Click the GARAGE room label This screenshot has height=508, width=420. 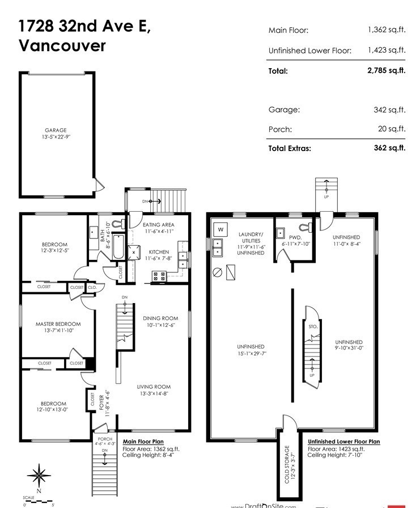(x=56, y=130)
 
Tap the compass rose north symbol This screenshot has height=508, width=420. (x=39, y=476)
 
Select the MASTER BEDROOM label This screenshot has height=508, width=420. (x=58, y=324)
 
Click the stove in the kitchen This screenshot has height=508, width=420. (x=159, y=276)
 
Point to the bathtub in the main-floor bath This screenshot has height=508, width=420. (x=118, y=247)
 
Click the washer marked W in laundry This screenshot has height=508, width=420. (x=220, y=230)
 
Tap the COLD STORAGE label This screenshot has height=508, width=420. (x=287, y=464)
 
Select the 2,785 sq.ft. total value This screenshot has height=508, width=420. (x=387, y=70)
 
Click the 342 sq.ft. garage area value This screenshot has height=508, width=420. (x=389, y=110)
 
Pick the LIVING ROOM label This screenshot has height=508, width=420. (x=154, y=387)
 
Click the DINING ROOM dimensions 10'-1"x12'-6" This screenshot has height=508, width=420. (x=161, y=325)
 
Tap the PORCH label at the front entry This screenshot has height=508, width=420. (x=105, y=439)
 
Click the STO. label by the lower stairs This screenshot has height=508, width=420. (x=313, y=326)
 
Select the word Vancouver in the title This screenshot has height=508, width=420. (x=62, y=45)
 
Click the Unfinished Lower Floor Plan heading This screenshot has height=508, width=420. (x=344, y=442)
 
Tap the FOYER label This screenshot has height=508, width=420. (x=101, y=402)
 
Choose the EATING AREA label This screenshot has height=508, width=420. (x=159, y=225)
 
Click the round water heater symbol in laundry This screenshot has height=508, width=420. (x=218, y=272)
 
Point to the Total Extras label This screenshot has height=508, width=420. (x=290, y=148)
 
